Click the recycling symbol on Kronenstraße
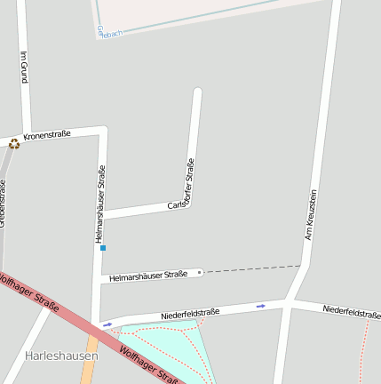point(14,143)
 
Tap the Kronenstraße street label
point(47,136)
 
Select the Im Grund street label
point(23,67)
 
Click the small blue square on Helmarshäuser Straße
point(103,248)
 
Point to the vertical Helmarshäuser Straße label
point(100,204)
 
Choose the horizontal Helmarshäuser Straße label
point(148,276)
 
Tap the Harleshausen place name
point(61,356)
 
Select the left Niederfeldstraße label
point(190,314)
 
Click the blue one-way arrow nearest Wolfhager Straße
point(107,324)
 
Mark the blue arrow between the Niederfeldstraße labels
point(261,306)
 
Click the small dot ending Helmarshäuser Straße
point(200,272)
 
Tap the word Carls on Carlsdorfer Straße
point(176,205)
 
